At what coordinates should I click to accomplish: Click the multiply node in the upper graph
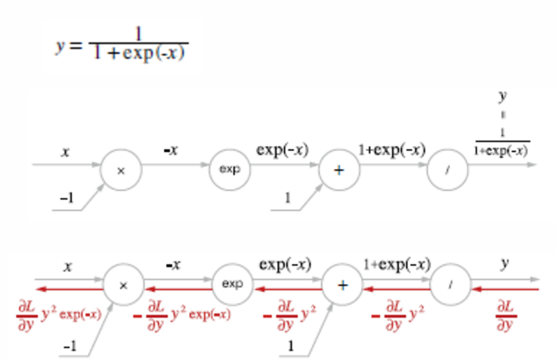[121, 170]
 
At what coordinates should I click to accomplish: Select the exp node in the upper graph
[230, 169]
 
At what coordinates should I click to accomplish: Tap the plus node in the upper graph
[339, 170]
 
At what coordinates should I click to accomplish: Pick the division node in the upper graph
[447, 170]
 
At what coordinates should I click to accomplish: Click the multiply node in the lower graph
[123, 285]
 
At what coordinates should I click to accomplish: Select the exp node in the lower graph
[232, 284]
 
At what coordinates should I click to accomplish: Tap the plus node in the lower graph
[342, 285]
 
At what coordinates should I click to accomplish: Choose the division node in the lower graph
[451, 285]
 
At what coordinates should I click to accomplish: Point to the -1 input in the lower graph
[70, 346]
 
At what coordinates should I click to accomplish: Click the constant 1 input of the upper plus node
[288, 198]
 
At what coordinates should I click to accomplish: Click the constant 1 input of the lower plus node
[290, 346]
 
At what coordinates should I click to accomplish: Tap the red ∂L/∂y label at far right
[505, 316]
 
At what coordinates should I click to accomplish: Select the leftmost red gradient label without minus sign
[59, 315]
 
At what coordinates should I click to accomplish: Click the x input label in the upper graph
[66, 152]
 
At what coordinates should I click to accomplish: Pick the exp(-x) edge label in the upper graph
[282, 150]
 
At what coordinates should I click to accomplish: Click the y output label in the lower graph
[505, 263]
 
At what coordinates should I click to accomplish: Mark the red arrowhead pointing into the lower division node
[477, 289]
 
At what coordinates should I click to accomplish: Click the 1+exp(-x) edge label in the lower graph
[397, 265]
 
